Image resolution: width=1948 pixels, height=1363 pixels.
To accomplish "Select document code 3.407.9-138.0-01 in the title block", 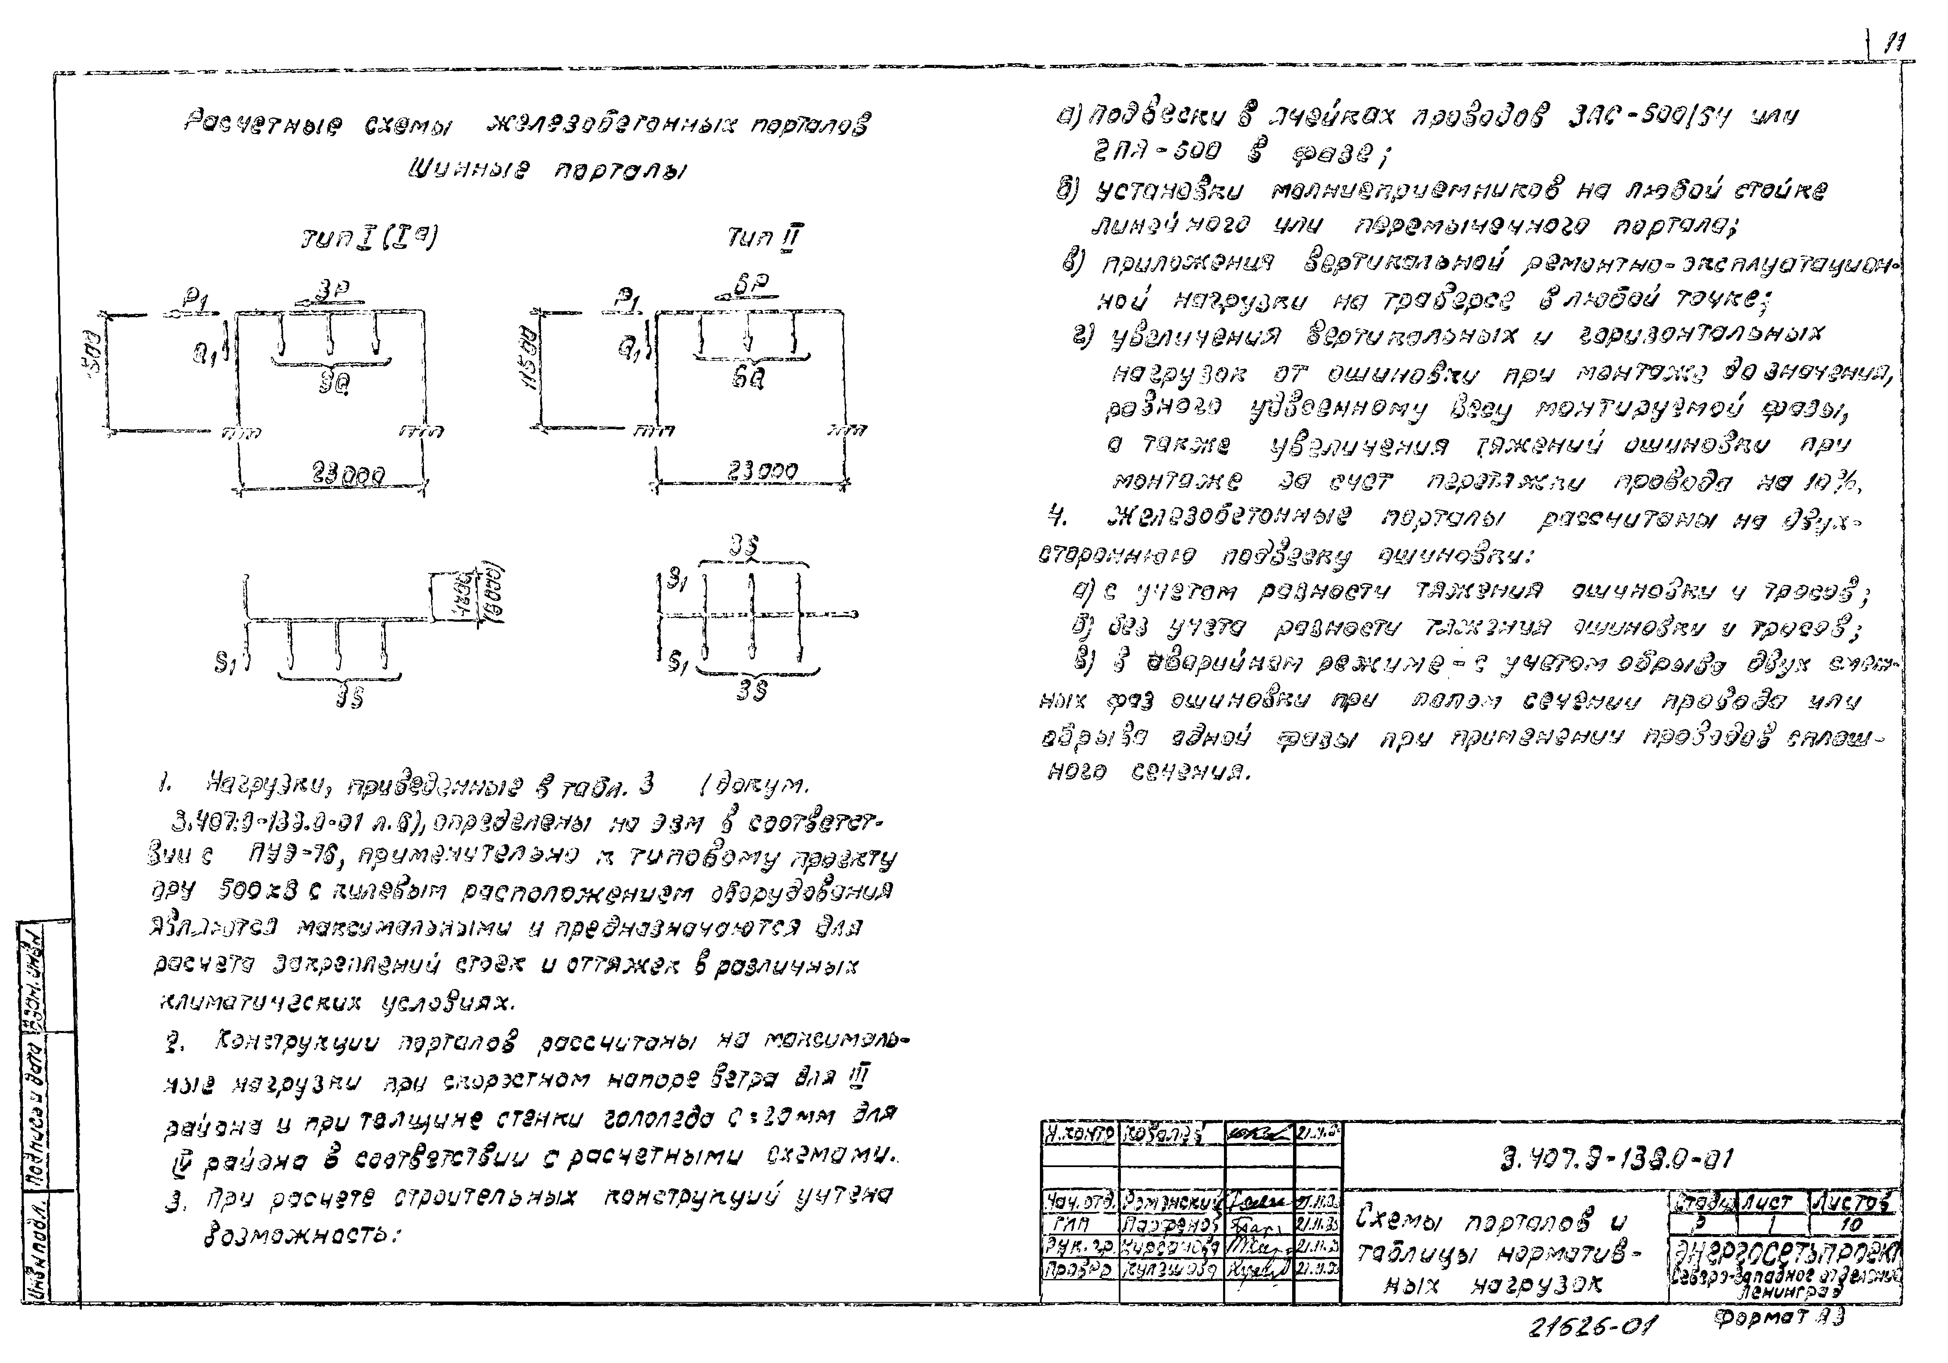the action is (1617, 1159).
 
